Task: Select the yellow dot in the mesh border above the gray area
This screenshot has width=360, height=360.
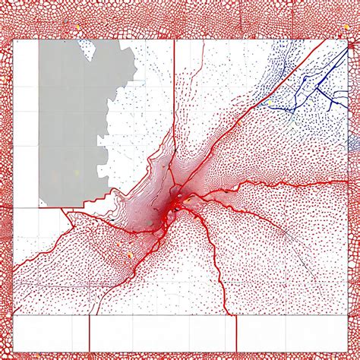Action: coord(77,26)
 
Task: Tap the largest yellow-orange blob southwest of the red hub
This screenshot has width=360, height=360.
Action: coord(130,255)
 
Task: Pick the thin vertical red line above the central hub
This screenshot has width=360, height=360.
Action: coord(175,114)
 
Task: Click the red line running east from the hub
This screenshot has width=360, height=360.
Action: coord(266,185)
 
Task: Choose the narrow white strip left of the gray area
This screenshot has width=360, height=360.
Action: coord(27,122)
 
